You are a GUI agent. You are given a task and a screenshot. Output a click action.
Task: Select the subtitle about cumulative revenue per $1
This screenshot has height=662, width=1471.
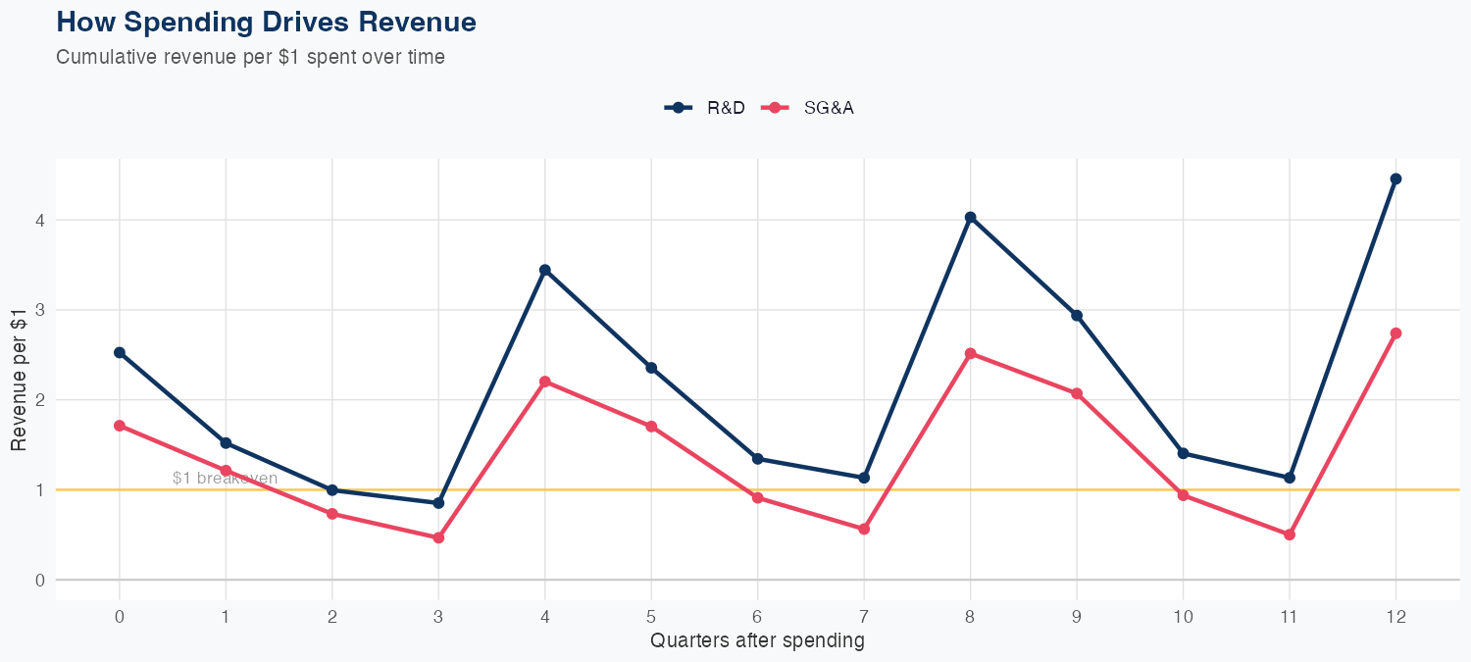(250, 57)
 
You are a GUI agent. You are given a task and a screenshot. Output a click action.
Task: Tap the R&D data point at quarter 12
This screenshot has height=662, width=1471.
(1395, 178)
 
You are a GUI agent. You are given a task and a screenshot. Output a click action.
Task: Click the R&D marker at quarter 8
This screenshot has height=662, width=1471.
(970, 217)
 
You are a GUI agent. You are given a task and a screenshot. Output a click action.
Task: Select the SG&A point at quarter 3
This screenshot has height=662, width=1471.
(438, 537)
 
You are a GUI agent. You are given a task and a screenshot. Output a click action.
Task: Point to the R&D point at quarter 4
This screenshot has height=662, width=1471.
(544, 270)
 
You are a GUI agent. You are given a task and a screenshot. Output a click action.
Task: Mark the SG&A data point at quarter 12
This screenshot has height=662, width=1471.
(1395, 333)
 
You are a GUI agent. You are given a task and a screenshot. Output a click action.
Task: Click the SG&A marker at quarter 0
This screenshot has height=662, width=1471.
(120, 426)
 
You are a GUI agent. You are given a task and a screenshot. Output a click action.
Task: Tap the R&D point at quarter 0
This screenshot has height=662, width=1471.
(120, 352)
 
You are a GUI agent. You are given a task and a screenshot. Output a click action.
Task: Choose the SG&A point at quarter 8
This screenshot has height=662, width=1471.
(970, 353)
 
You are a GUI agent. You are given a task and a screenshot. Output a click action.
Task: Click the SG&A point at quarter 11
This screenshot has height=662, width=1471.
(1290, 535)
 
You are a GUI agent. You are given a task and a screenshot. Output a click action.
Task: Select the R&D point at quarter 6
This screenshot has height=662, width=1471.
(757, 459)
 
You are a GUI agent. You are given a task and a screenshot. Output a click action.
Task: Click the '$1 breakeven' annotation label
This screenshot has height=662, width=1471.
(225, 479)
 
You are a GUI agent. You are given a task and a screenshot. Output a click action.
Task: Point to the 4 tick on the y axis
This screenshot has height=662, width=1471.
(40, 220)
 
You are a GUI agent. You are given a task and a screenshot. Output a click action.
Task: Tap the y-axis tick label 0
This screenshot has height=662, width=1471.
(40, 580)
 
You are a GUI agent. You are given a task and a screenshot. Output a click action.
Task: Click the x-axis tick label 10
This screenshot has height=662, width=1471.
(1183, 617)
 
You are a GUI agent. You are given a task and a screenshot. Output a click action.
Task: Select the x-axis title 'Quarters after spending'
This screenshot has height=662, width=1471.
(757, 641)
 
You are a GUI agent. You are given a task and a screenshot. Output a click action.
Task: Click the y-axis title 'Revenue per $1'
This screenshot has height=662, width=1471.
(19, 379)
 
